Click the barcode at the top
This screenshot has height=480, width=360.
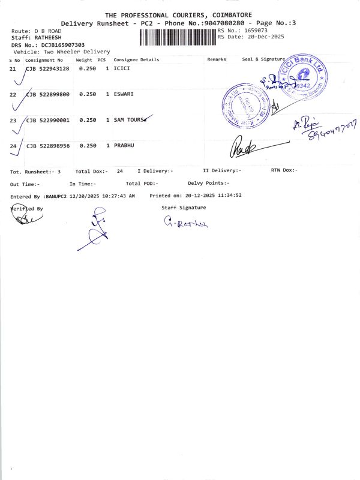coord(178,37)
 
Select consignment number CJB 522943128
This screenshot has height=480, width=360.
coord(48,68)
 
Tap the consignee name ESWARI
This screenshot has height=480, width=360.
coord(124,94)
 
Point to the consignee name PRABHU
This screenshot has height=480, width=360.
coord(125,146)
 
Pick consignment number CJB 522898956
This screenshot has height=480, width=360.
coord(48,146)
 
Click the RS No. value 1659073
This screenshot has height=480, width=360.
coord(255,30)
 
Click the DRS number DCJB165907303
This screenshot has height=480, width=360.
coord(63,45)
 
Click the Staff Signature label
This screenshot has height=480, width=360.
coord(184,208)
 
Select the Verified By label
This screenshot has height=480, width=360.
coord(27,209)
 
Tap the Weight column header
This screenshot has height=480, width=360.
coord(83,60)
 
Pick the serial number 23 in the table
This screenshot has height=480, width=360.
coord(13,120)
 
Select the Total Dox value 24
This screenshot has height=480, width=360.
coord(120,171)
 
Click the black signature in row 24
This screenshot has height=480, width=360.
coord(243,146)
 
